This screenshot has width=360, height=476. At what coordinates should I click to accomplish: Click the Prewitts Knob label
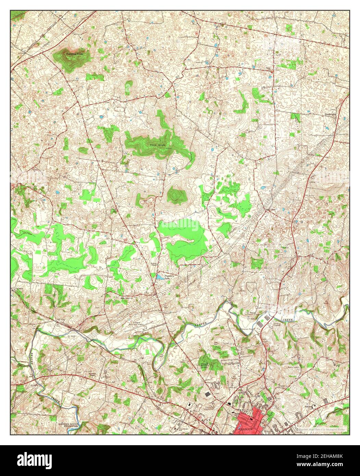75,54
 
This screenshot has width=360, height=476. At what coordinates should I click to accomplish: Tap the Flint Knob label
158,145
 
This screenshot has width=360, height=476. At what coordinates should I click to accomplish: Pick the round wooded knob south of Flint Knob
177,196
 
